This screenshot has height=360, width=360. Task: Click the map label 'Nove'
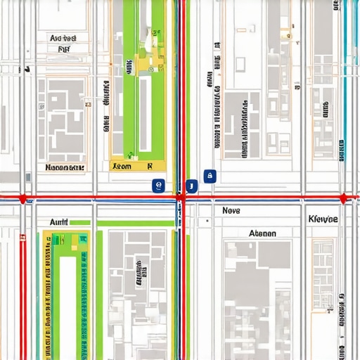click(x=231, y=210)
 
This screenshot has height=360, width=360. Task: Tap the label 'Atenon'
click(x=263, y=233)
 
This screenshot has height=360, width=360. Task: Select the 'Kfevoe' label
click(x=323, y=219)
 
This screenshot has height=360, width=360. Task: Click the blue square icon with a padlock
click(x=209, y=176)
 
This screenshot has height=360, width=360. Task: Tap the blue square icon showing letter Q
click(x=157, y=186)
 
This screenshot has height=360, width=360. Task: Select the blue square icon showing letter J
click(x=190, y=186)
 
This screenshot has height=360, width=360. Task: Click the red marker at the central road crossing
click(x=181, y=198)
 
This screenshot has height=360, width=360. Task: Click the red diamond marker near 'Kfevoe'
click(x=343, y=198)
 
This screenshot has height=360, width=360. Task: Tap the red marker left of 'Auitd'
click(x=23, y=199)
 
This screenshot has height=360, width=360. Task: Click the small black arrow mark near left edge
click(x=27, y=69)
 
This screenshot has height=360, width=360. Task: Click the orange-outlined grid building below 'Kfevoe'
click(x=323, y=274)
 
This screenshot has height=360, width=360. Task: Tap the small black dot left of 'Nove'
click(x=207, y=221)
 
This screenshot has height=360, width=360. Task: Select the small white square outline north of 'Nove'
click(x=240, y=64)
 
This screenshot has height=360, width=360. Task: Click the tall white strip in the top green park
click(x=145, y=112)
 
